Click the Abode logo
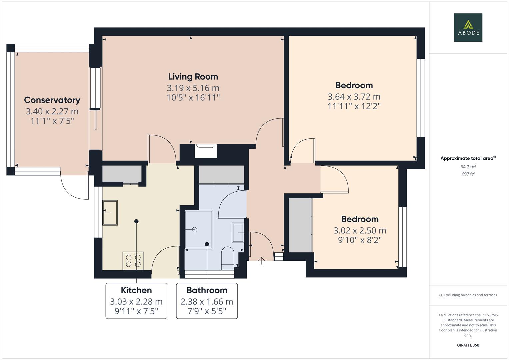468,27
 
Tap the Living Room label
193,77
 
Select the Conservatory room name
52,100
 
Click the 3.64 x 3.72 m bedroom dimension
354,97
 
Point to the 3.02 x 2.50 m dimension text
360,230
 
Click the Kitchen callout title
136,290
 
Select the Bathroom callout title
207,290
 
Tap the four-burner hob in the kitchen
133,260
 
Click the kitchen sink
110,213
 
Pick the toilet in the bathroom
228,257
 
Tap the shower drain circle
195,230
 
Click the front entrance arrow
261,260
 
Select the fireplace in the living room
206,150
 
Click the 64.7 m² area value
468,167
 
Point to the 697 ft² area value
468,174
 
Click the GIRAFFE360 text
468,345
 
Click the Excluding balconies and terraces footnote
468,295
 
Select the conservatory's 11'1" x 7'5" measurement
52,121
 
